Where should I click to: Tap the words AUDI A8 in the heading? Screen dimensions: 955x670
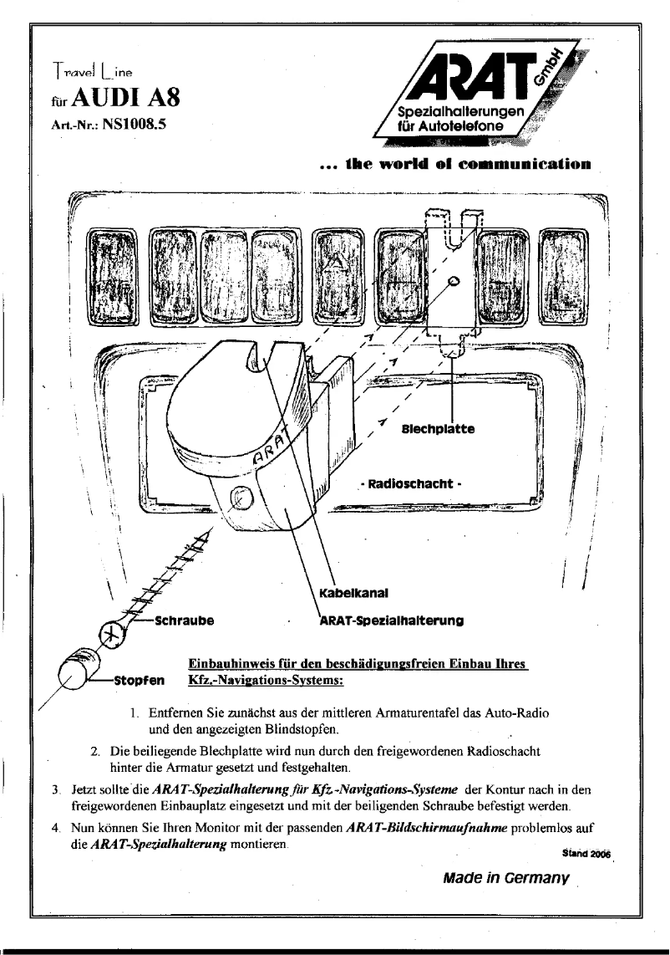(130, 108)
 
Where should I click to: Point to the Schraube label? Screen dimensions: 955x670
(181, 621)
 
